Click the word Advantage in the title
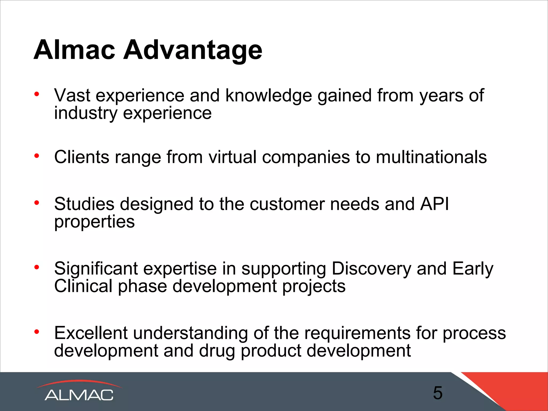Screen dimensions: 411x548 pos(192,50)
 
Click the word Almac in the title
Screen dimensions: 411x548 pos(74,50)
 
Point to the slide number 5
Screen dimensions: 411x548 pos(438,393)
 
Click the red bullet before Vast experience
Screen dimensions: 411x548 pos(37,94)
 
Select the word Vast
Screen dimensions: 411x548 pos(72,95)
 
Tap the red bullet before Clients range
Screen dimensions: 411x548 pos(37,155)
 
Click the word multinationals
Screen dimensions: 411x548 pos(431,157)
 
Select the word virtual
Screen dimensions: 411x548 pos(232,157)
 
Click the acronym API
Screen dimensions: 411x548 pos(434,204)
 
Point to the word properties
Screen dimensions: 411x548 pos(94,222)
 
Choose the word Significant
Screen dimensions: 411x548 pos(96,269)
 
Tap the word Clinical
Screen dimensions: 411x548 pos(83,286)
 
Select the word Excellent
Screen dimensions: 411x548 pos(91,333)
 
